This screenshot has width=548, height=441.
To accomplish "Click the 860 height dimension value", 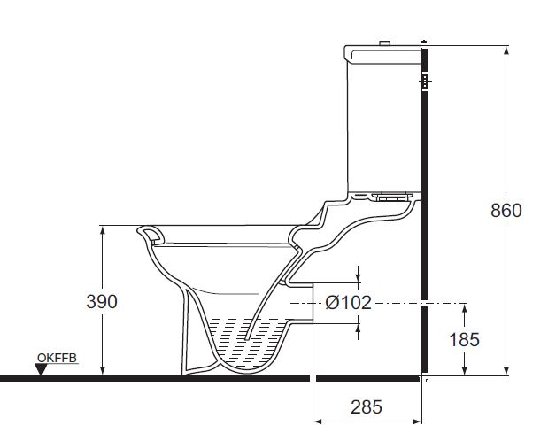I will click(506, 210).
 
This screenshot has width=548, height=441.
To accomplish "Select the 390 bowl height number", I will click(103, 301).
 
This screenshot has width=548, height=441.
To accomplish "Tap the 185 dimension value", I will click(465, 338).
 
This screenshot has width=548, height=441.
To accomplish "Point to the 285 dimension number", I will click(367, 407).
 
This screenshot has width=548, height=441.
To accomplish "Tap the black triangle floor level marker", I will click(42, 369).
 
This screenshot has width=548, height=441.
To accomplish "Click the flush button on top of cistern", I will click(383, 43).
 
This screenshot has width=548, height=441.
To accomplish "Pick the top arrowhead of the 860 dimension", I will click(506, 50).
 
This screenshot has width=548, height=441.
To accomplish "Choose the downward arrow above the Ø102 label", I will click(359, 280).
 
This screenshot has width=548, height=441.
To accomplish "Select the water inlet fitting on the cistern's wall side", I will click(423, 82).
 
